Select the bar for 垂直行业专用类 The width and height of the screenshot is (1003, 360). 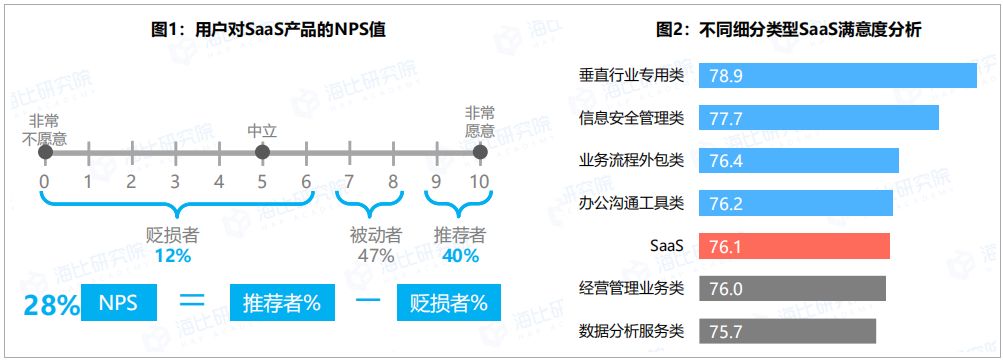pyautogui.click(x=840, y=76)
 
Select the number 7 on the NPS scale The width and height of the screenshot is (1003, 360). pyautogui.click(x=349, y=182)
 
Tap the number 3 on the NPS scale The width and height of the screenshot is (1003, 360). pyautogui.click(x=175, y=182)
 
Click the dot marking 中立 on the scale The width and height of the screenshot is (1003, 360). pyautogui.click(x=262, y=152)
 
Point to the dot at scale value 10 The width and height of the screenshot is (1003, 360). pyautogui.click(x=480, y=152)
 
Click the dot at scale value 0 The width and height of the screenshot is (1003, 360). pyautogui.click(x=44, y=152)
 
